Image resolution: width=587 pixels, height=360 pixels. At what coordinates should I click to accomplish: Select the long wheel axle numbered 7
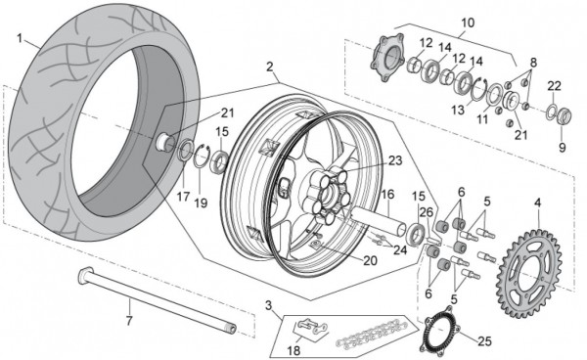[158, 299]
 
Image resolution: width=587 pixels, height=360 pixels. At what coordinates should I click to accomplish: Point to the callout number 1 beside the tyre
[20, 38]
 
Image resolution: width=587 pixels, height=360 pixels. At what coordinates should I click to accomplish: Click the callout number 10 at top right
[468, 22]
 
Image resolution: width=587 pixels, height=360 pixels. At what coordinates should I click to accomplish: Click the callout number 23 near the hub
[395, 160]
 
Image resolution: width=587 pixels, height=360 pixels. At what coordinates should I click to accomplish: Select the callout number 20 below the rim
[370, 260]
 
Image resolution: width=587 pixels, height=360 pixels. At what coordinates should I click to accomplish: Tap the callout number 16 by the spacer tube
[387, 195]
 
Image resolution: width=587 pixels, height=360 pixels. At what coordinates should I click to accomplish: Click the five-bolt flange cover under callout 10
[386, 57]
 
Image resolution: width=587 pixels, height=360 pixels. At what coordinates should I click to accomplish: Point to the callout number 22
[555, 86]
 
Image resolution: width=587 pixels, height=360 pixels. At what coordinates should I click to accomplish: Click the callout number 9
[562, 148]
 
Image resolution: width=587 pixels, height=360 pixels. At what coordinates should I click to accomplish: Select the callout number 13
[458, 110]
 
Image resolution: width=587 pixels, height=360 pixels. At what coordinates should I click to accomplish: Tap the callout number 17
[183, 197]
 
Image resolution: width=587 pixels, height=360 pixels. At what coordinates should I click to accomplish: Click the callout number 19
[201, 202]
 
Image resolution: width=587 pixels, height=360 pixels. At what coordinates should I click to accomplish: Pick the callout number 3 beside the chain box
[268, 306]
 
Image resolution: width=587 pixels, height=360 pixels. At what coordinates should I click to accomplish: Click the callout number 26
[426, 212]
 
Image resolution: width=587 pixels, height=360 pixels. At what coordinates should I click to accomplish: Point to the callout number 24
[400, 249]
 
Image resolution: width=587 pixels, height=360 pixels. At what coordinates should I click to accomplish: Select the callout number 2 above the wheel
[270, 67]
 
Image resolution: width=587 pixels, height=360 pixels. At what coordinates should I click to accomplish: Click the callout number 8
[533, 63]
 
